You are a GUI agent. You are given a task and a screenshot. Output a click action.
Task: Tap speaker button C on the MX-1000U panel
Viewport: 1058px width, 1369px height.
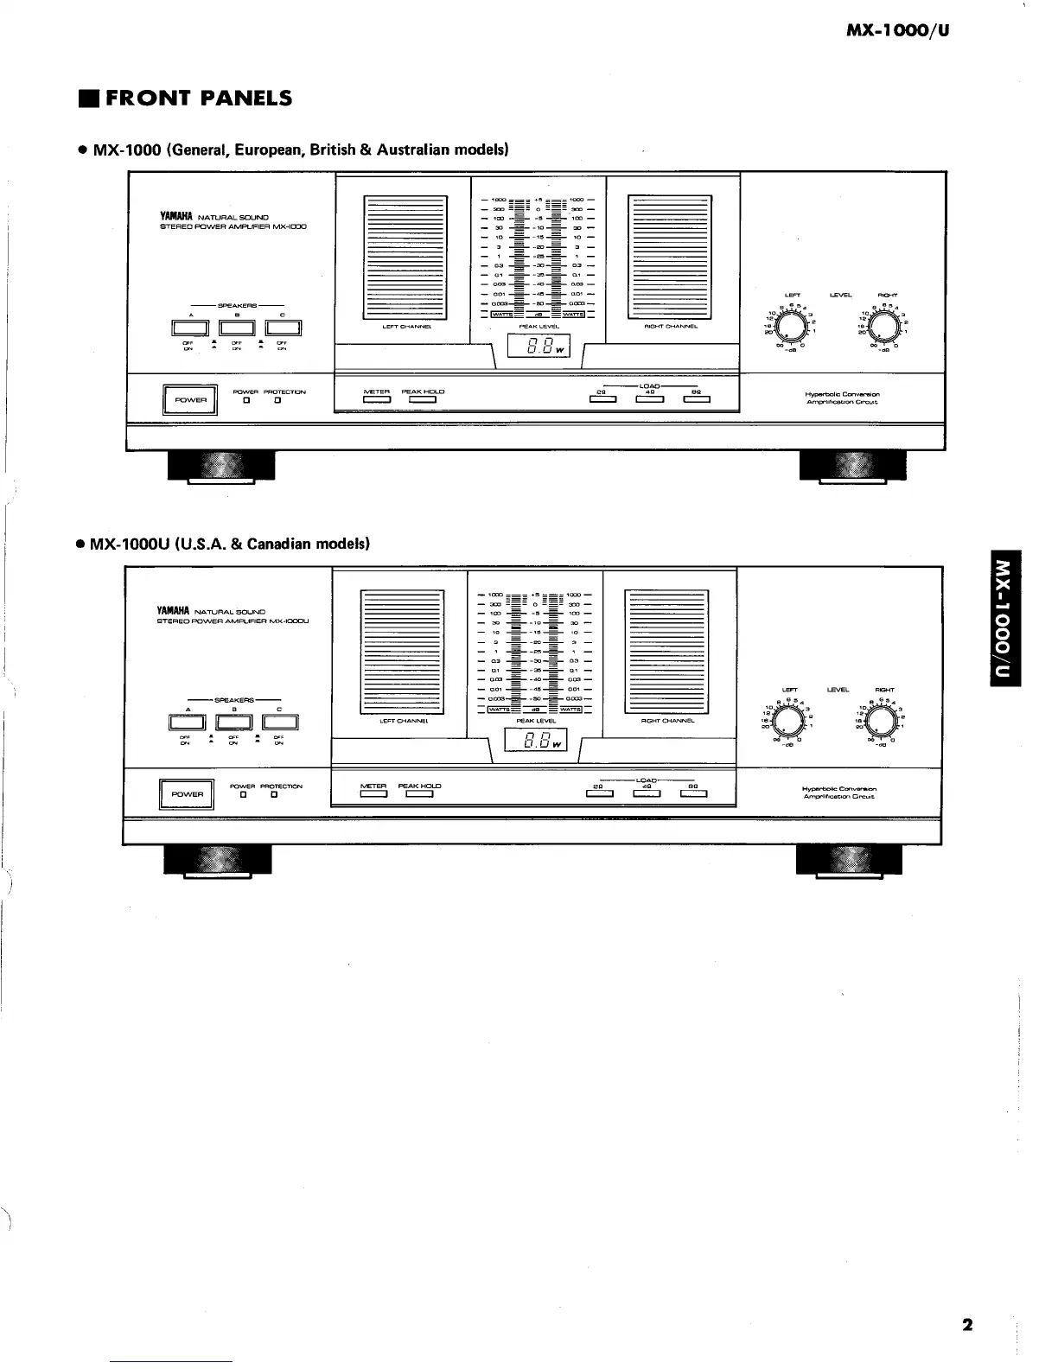pyautogui.click(x=280, y=723)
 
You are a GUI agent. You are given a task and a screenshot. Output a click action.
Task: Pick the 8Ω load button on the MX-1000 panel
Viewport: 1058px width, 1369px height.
pyautogui.click(x=697, y=399)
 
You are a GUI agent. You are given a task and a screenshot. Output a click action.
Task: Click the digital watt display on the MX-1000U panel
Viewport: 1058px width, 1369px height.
pyautogui.click(x=535, y=741)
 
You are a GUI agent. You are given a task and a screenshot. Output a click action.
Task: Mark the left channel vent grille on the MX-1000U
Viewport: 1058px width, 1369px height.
pyautogui.click(x=401, y=649)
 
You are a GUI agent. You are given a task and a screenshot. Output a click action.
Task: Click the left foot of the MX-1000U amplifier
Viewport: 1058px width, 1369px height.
pyautogui.click(x=218, y=859)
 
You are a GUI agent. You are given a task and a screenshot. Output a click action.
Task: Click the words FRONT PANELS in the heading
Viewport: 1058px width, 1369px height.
pyautogui.click(x=199, y=99)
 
